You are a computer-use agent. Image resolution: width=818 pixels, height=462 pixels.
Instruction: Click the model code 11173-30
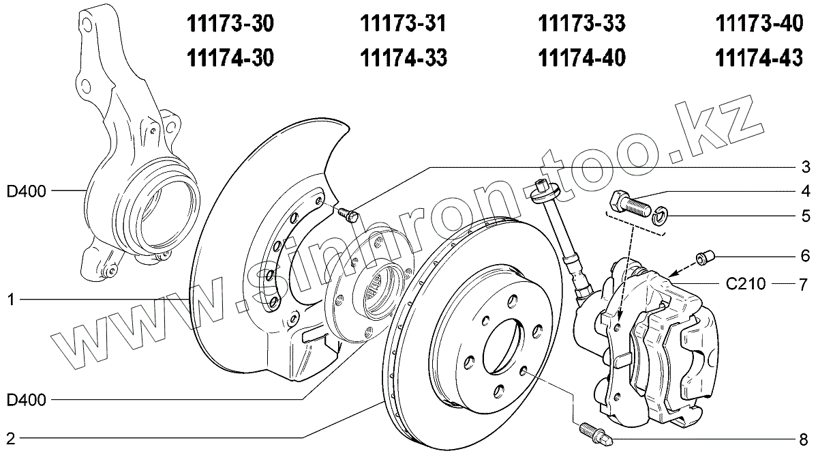(x=230, y=24)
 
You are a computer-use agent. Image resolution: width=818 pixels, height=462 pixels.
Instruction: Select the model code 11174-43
(x=759, y=58)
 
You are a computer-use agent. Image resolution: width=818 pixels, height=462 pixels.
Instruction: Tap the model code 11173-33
(x=581, y=24)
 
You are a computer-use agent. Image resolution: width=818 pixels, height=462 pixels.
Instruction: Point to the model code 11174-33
(x=404, y=58)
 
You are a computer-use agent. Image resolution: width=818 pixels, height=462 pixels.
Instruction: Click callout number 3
(x=806, y=167)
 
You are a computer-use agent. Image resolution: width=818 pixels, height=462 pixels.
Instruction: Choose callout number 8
(x=804, y=439)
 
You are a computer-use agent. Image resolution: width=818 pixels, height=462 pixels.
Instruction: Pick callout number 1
(x=12, y=300)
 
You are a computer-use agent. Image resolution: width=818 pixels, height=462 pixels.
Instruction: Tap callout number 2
(x=11, y=438)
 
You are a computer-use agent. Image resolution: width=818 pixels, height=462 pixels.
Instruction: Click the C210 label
(x=745, y=284)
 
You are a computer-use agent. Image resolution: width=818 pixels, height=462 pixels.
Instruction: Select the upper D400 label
(x=27, y=192)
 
